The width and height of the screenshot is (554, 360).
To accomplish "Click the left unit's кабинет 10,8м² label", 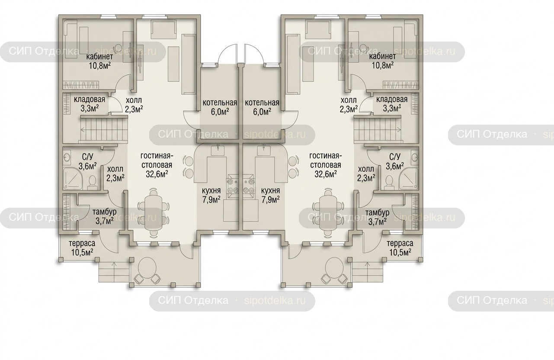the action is pos(99,61).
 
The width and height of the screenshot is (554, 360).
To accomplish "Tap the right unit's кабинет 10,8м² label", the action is pos(383,61).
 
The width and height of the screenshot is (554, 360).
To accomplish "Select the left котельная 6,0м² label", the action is pos(220,107).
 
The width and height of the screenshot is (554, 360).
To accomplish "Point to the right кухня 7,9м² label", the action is pos(271,195).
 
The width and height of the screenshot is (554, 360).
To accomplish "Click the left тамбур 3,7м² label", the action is pos(105,217).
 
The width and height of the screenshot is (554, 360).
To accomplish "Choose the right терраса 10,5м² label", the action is pos(400,247).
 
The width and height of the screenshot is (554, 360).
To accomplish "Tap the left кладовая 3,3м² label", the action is pos(90,104).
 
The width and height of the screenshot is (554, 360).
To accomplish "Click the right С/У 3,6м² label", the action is pos(395,161).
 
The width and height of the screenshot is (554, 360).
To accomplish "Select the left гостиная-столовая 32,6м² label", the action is pos(157,165).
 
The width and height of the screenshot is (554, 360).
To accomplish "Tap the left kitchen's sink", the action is pos(218,151).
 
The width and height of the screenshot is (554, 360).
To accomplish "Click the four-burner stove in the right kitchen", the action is pos(249,186).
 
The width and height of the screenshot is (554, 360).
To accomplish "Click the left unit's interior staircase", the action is pos(103,130).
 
